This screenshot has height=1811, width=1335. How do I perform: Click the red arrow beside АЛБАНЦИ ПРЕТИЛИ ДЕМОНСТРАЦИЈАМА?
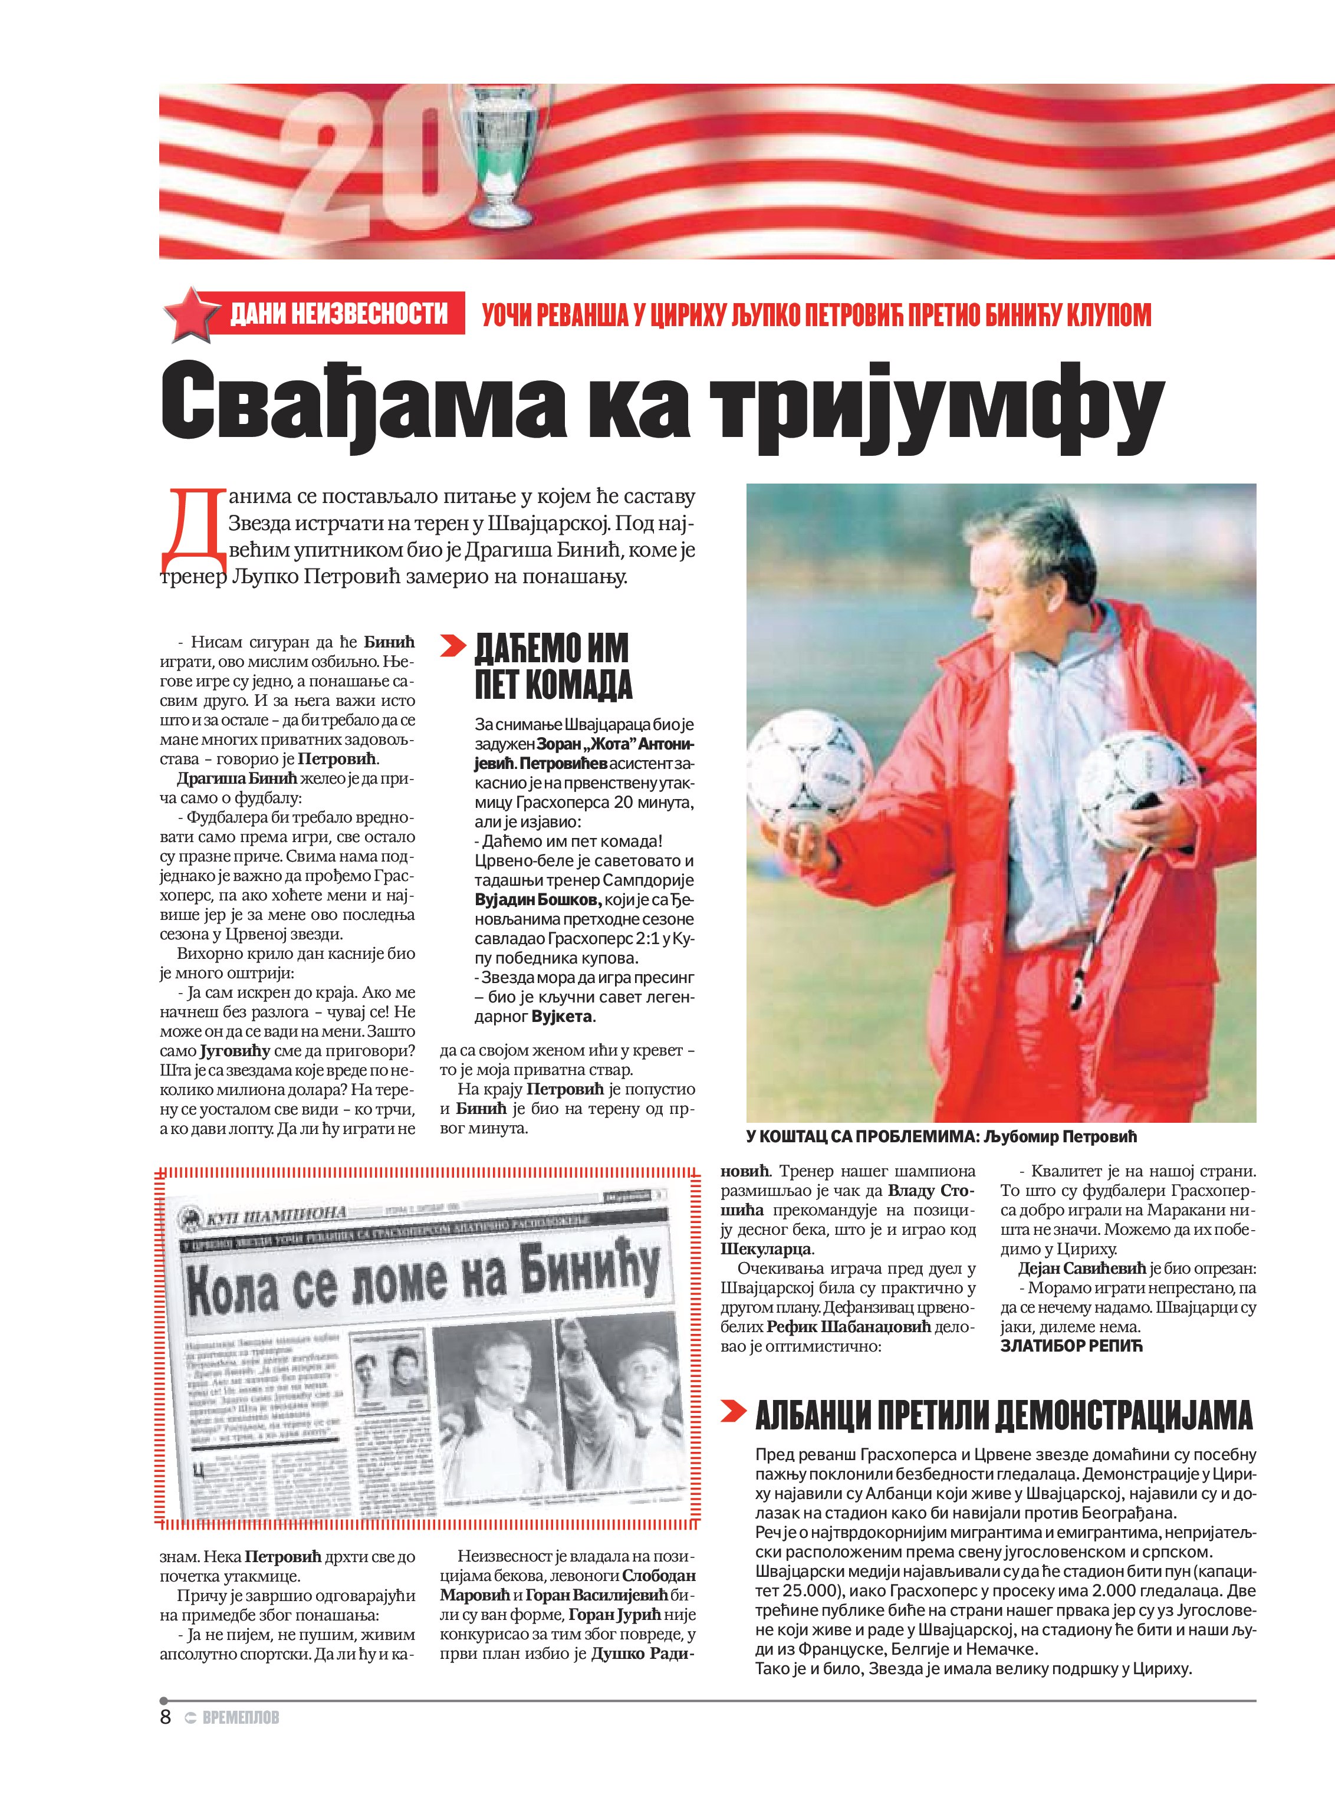tap(733, 1411)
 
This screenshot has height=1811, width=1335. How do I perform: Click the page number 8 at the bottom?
tap(166, 1717)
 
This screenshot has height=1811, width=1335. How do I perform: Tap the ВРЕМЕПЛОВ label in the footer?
tap(240, 1718)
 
